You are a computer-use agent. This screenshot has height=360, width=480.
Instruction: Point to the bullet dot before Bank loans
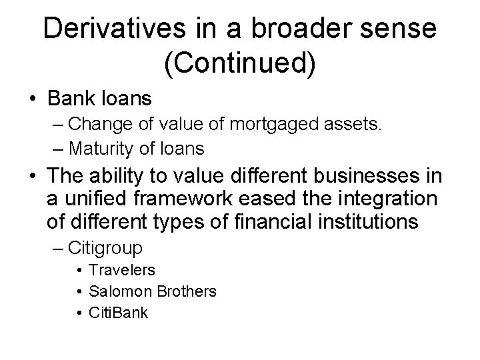tap(32, 100)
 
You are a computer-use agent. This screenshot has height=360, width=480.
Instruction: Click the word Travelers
tap(122, 270)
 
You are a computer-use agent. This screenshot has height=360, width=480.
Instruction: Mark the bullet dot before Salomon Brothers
tap(79, 291)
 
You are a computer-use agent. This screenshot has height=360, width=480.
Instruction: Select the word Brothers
tap(187, 291)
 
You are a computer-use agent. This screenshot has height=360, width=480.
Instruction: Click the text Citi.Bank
tap(118, 312)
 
